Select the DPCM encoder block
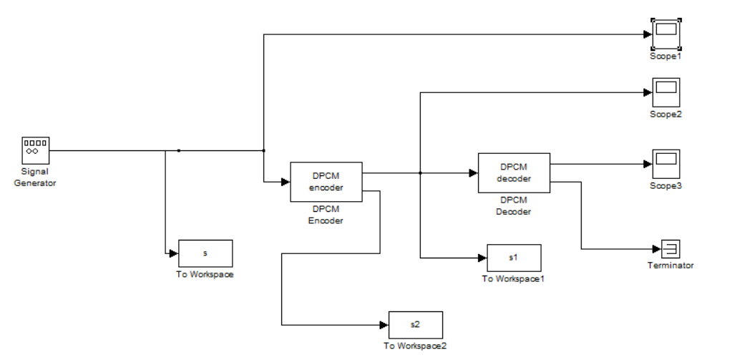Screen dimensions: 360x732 pyautogui.click(x=326, y=182)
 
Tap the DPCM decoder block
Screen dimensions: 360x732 pyautogui.click(x=514, y=172)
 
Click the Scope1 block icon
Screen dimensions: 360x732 pyautogui.click(x=665, y=33)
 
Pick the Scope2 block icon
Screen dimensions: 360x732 pyautogui.click(x=665, y=92)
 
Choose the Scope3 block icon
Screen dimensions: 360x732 pyautogui.click(x=665, y=164)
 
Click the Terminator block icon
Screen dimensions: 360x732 pyautogui.click(x=670, y=249)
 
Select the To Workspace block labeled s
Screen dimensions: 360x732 pyautogui.click(x=205, y=253)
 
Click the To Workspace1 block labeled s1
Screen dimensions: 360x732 pyautogui.click(x=514, y=258)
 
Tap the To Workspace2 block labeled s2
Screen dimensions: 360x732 pyautogui.click(x=415, y=325)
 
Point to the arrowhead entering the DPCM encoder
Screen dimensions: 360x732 pyautogui.click(x=285, y=182)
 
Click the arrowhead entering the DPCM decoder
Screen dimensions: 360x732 pyautogui.click(x=473, y=172)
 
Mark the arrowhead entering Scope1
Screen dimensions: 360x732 pyautogui.click(x=647, y=34)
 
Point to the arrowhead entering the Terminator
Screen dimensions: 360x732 pyautogui.click(x=656, y=249)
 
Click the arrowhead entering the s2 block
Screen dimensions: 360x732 pyautogui.click(x=384, y=325)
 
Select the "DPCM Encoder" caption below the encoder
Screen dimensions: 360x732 pyautogui.click(x=326, y=215)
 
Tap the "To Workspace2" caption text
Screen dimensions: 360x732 pyautogui.click(x=415, y=346)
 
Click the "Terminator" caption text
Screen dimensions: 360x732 pyautogui.click(x=670, y=266)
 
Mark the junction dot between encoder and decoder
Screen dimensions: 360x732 pyautogui.click(x=420, y=172)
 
